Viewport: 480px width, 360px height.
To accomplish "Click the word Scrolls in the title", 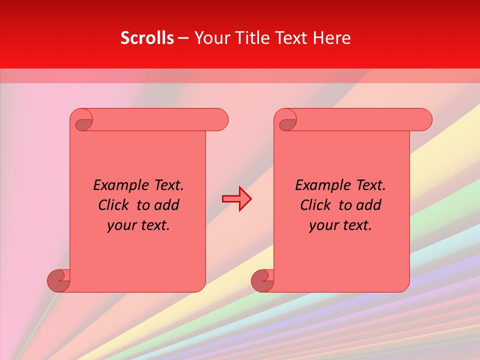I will (147, 38).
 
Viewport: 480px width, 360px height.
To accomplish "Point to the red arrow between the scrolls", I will (236, 199).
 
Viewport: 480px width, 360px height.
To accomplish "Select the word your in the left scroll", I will (122, 225).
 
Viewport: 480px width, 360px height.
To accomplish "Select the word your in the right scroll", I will (324, 225).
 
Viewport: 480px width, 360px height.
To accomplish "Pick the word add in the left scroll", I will (167, 205).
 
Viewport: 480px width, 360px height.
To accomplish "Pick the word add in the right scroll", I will (369, 205).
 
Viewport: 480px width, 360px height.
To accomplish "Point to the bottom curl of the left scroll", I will (58, 280).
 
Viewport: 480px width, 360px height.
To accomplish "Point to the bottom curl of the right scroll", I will (262, 280).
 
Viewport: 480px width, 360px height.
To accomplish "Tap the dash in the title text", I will (183, 38).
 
